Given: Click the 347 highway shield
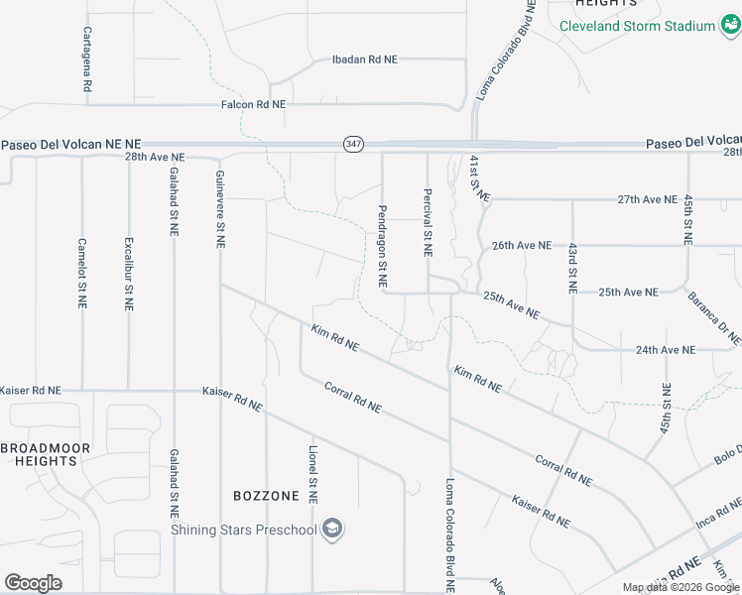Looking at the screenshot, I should (353, 144).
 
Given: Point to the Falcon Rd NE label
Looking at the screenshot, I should (253, 104).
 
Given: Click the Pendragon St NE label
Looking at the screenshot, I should (382, 247).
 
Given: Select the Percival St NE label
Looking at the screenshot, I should (428, 223).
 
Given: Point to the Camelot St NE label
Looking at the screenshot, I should (82, 274).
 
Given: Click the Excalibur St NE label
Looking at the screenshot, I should (128, 274).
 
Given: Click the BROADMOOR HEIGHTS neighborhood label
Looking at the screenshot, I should (46, 455).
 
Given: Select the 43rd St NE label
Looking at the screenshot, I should (572, 268).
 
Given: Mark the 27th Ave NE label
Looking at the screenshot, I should (647, 199).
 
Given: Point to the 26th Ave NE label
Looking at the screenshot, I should (521, 245).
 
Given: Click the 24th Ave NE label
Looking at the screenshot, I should (666, 350).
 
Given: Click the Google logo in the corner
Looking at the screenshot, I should (33, 582).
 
